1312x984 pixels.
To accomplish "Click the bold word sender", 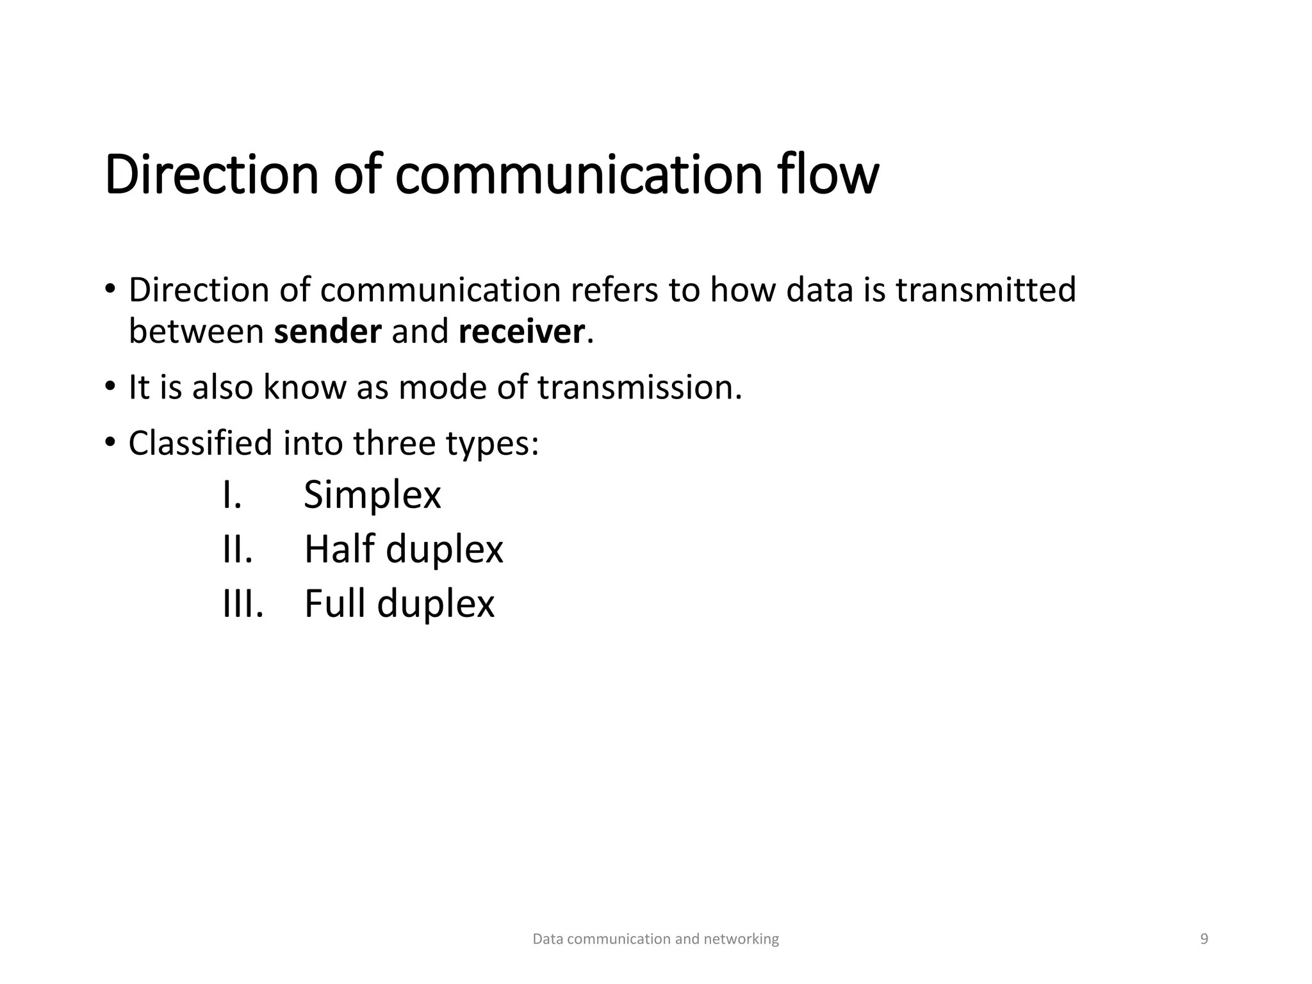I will coord(327,332).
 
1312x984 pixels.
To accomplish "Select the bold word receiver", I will coord(521,332).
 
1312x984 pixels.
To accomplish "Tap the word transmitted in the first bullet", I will coord(985,290).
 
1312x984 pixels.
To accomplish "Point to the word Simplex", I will coord(372,495).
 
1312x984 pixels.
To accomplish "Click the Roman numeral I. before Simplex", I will coord(232,495).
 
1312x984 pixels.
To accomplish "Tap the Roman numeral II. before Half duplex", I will coord(238,550).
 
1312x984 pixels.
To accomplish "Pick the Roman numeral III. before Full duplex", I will coord(243,604).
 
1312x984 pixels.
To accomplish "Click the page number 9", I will coord(1204,939).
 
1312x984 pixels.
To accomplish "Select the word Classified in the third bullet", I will coord(201,443).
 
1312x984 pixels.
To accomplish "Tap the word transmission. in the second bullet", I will coord(639,388).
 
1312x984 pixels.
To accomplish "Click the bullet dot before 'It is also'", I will coord(110,387).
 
